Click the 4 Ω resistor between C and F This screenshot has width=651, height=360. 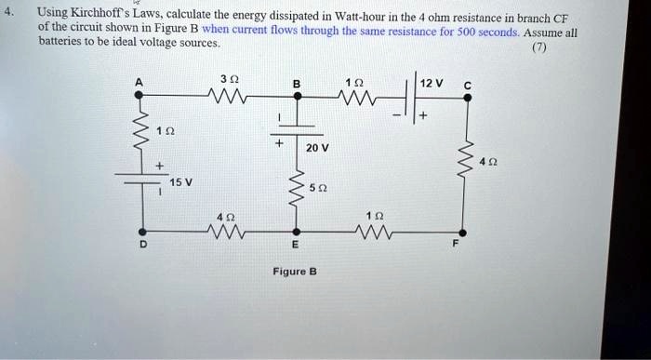point(462,164)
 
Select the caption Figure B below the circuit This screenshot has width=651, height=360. point(295,272)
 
